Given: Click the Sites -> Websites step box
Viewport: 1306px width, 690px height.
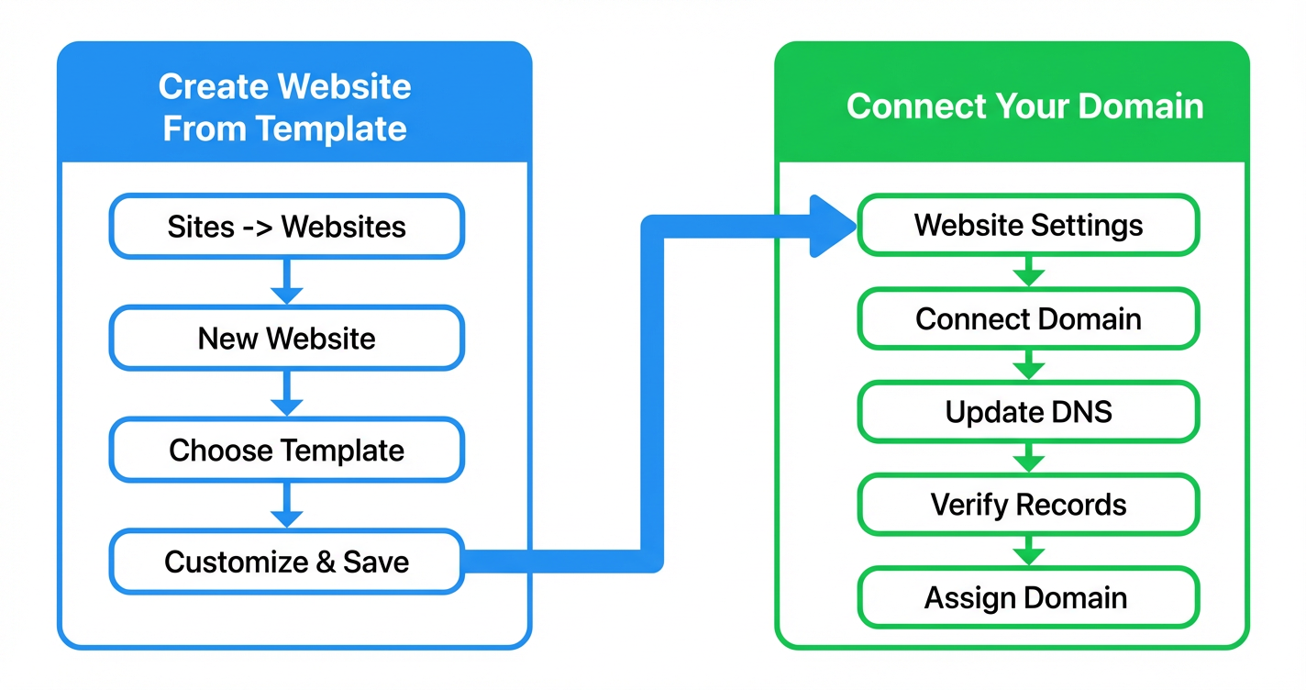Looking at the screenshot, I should point(286,227).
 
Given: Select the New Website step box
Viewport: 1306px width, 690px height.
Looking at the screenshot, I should point(286,339).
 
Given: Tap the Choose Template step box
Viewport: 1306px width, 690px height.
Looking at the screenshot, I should point(286,451).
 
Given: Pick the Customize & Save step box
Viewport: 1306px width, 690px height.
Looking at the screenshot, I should point(286,562).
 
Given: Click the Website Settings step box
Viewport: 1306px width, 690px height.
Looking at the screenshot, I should point(1028,225).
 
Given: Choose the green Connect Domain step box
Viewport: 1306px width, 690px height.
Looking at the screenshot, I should point(1028,318).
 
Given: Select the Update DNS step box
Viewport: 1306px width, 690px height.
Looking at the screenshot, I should point(1028,412).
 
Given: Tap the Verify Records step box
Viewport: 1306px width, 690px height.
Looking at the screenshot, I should point(1028,505).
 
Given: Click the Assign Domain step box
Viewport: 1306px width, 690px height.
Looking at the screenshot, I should point(1028,598).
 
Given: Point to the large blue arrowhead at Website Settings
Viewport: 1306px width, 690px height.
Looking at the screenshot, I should point(831,226).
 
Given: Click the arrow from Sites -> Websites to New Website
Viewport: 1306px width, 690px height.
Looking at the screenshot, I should point(287,282).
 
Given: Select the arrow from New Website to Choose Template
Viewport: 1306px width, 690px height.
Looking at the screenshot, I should point(287,394).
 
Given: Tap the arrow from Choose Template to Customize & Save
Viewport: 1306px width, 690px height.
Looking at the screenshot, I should point(287,506).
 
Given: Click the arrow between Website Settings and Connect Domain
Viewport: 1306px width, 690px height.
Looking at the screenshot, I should point(1028,272).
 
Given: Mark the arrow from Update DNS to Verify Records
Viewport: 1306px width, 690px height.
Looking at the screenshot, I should point(1028,458).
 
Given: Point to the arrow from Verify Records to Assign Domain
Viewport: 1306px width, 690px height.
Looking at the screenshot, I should point(1028,551).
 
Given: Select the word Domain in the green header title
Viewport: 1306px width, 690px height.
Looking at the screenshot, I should point(1141,106).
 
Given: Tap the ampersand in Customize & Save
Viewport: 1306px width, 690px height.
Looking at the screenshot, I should point(326,562).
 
